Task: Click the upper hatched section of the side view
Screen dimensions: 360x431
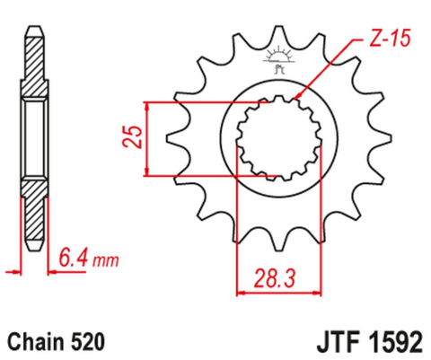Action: (33, 67)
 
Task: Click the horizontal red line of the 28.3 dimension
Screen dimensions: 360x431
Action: (278, 291)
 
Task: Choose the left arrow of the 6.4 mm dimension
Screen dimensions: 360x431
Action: (13, 268)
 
